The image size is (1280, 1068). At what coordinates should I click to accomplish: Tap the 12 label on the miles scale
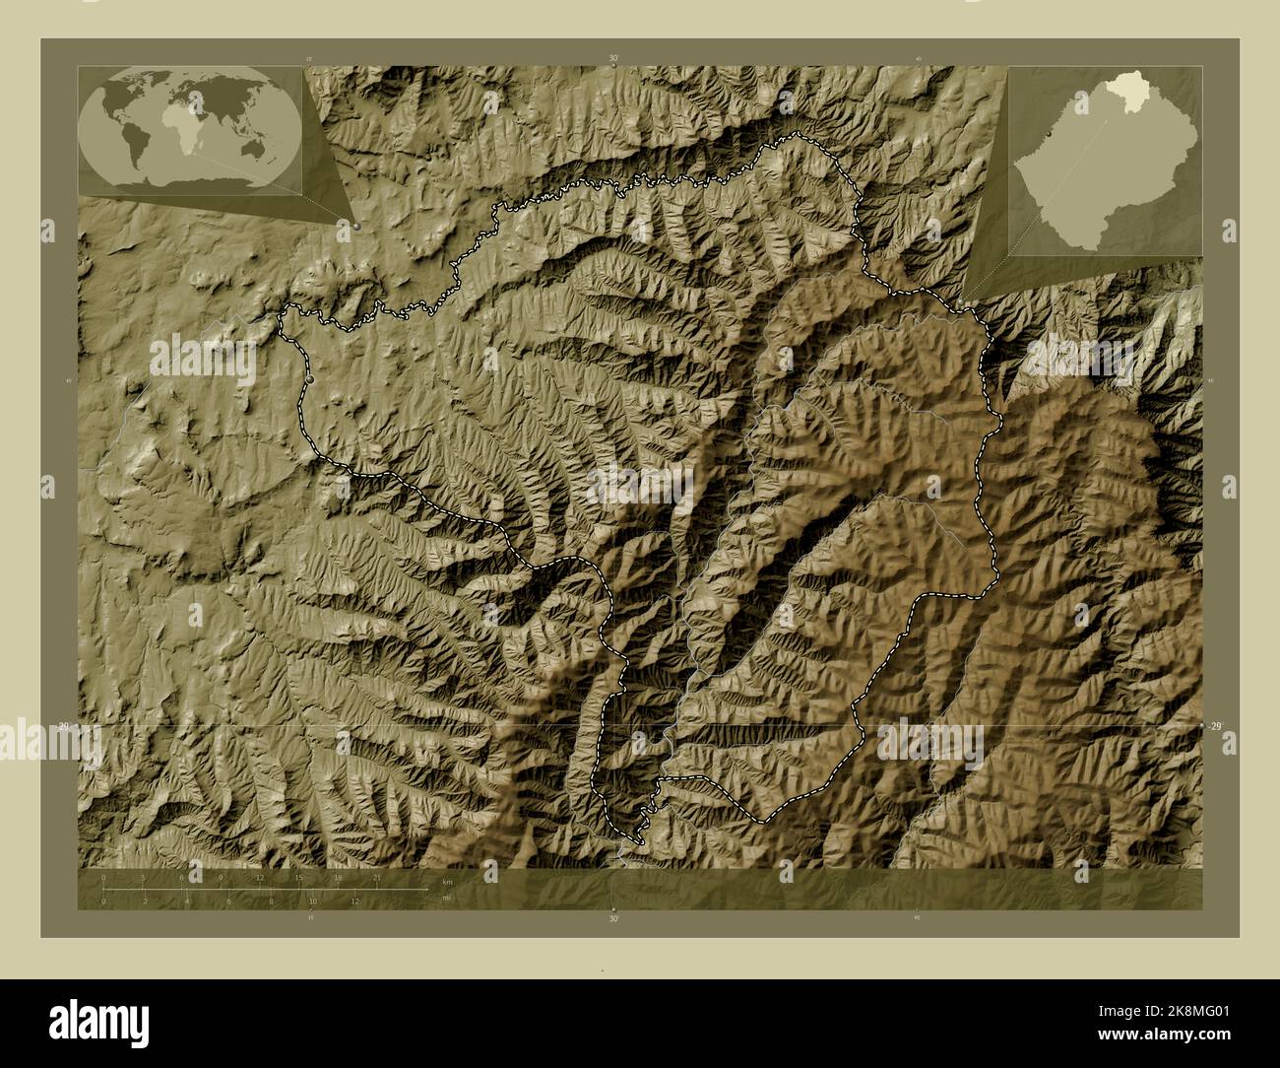click(x=354, y=901)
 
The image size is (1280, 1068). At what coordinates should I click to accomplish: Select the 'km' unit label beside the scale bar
click(x=447, y=881)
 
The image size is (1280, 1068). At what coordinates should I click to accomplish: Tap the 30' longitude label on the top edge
click(x=613, y=59)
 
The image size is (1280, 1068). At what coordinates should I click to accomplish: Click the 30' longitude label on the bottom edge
click(x=613, y=918)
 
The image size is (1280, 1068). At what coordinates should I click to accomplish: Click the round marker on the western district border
click(x=311, y=378)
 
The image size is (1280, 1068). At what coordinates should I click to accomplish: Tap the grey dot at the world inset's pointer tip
click(x=355, y=226)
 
